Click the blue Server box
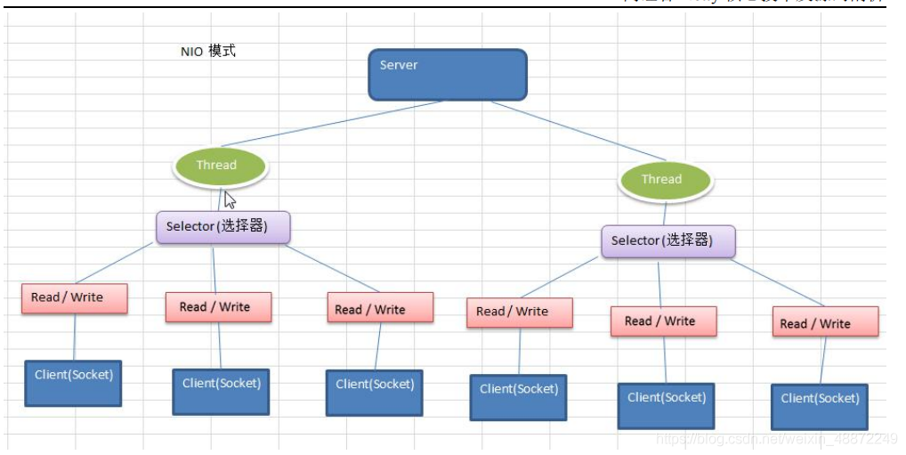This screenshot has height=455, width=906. pos(448,74)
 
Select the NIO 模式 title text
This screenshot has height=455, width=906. pos(208,52)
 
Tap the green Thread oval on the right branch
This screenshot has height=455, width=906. pos(664,180)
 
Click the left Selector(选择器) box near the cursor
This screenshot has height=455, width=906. pos(223,227)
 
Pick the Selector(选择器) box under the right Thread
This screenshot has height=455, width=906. pos(668,241)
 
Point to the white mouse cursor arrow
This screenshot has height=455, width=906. pos(229,199)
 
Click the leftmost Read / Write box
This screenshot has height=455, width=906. pos(74,298)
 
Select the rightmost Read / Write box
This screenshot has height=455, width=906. pos(824,322)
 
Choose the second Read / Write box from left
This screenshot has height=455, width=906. pos(218,307)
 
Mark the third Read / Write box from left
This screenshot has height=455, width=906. pos(380,308)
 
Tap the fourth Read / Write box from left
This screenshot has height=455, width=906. pos(519,313)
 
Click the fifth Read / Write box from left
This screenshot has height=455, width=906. pos(663,321)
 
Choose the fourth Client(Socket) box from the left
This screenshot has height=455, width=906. pos(518,397)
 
